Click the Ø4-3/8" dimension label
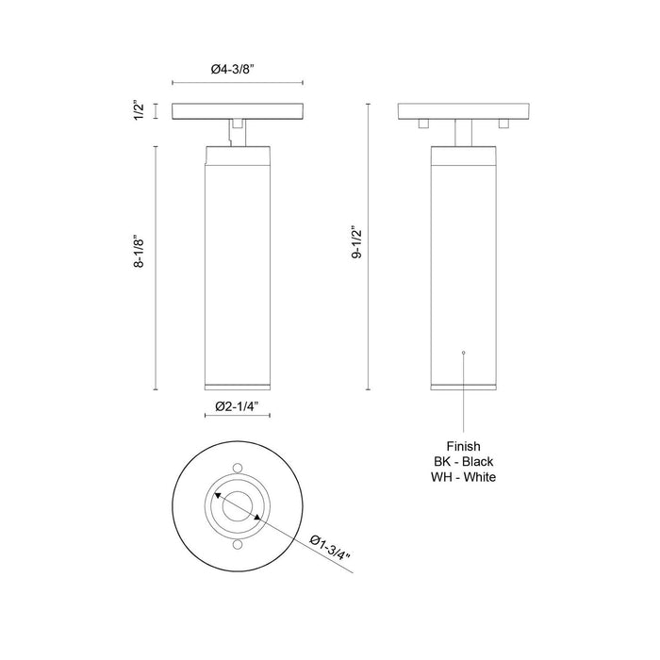click(236, 68)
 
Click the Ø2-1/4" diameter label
click(237, 406)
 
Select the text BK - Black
click(463, 461)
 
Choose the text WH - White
click(463, 477)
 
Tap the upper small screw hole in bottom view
click(237, 469)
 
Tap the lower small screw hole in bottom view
click(237, 545)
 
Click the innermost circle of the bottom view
click(237, 506)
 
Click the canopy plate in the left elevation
click(237, 110)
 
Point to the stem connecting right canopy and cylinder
click(463, 133)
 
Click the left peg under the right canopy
click(422, 123)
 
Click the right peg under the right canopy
click(503, 123)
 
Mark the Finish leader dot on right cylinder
click(463, 351)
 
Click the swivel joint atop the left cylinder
click(237, 133)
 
